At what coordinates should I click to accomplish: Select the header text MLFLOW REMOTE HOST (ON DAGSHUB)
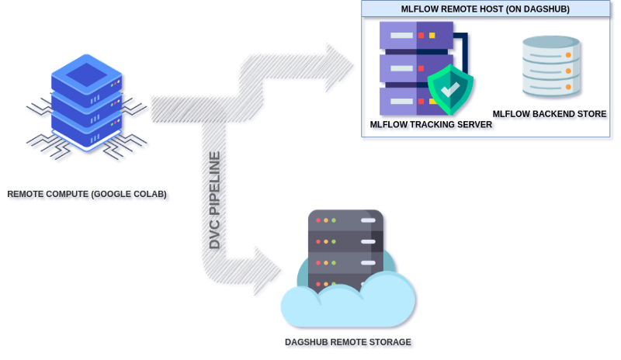click(x=485, y=9)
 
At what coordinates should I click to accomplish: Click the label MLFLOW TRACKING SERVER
click(x=432, y=124)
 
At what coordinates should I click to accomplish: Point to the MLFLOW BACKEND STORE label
click(x=550, y=114)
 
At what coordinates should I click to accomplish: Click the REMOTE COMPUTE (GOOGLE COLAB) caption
click(x=88, y=195)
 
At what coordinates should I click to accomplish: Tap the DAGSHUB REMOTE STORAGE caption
click(x=349, y=342)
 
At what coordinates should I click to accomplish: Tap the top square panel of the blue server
click(x=87, y=74)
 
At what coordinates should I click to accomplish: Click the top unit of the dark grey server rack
click(x=346, y=220)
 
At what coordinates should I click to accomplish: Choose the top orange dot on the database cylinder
click(x=568, y=55)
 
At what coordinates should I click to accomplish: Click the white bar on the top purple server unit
click(x=401, y=35)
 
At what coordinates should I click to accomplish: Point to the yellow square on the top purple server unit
click(x=432, y=35)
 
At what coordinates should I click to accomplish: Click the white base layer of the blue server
click(x=87, y=138)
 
